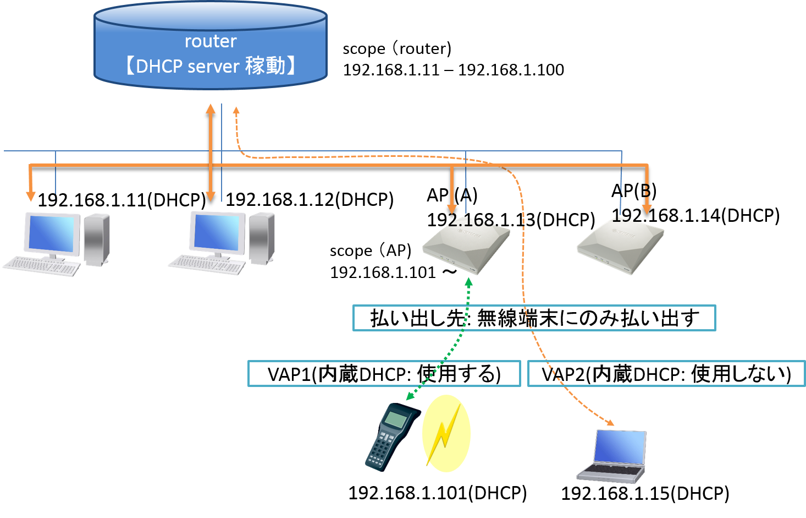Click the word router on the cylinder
click(x=211, y=41)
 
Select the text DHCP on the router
click(x=159, y=67)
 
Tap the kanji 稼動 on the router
click(x=265, y=66)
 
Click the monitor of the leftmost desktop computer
click(x=52, y=234)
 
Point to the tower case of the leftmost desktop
click(x=96, y=239)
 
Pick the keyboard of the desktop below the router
click(x=207, y=265)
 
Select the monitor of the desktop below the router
click(x=217, y=232)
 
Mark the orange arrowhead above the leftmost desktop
click(x=31, y=196)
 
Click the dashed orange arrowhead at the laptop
click(x=610, y=423)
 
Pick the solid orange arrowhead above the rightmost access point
click(x=647, y=209)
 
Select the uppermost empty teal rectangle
click(x=534, y=318)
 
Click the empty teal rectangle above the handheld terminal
click(x=384, y=373)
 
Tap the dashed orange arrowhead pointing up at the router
click(x=236, y=111)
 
